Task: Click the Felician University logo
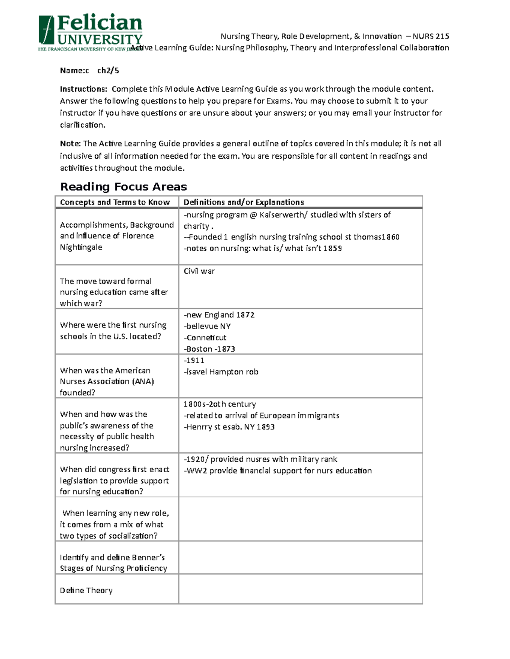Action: [90, 32]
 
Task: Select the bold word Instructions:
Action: [83, 89]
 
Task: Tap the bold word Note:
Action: [70, 144]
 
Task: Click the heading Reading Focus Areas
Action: [123, 187]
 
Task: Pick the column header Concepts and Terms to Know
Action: [115, 202]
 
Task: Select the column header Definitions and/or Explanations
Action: [244, 202]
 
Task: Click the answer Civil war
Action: [199, 271]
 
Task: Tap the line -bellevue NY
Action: [207, 326]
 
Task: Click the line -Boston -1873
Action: [209, 349]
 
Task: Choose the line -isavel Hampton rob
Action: [221, 372]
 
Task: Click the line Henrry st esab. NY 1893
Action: [229, 427]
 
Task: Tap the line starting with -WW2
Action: [278, 471]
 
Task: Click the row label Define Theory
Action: [86, 590]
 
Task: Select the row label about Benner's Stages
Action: [113, 563]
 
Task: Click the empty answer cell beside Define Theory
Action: [300, 589]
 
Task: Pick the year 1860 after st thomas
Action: [390, 237]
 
